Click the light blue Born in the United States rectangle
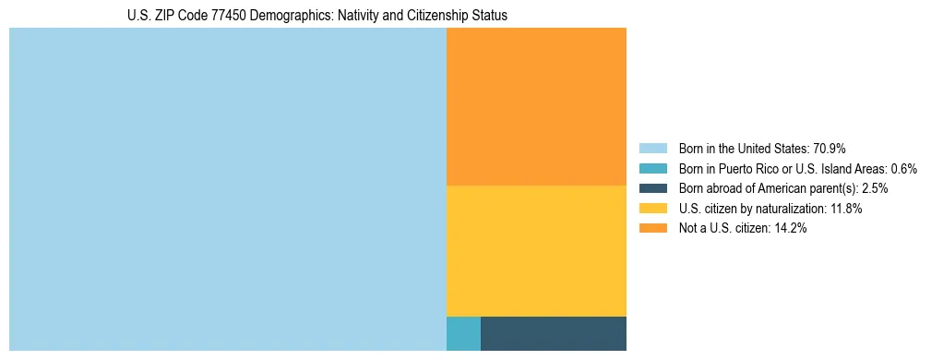coord(227,189)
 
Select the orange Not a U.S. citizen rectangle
coord(536,106)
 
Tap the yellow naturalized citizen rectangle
coord(536,251)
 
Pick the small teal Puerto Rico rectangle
coord(463,333)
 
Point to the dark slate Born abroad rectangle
coord(554,333)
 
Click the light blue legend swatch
coord(652,148)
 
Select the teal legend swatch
coord(652,168)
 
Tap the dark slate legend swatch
coord(652,188)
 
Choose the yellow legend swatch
coord(652,209)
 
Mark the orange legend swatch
coord(652,229)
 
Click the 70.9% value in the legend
coord(830,148)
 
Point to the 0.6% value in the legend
coord(903,168)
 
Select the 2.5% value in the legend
coord(876,188)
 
